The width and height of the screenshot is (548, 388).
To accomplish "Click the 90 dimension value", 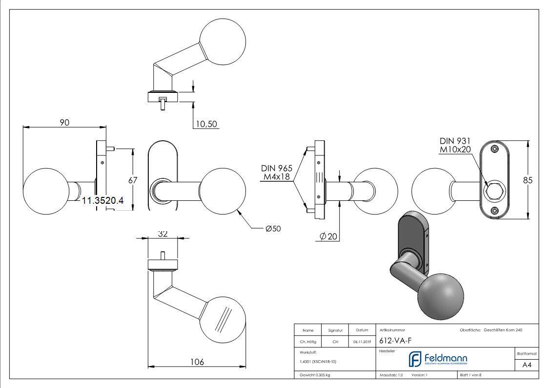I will click(x=64, y=122).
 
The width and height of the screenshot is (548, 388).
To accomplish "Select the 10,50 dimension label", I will click(x=205, y=124).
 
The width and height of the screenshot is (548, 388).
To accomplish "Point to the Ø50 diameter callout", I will click(x=273, y=229).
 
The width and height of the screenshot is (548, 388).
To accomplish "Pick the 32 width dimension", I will click(x=163, y=234).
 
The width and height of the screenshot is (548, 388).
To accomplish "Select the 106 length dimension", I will click(x=196, y=362).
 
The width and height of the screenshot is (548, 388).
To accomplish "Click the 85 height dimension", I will click(x=528, y=180).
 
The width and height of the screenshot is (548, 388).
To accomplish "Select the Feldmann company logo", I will click(x=437, y=359).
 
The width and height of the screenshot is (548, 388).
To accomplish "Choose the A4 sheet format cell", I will click(x=527, y=365).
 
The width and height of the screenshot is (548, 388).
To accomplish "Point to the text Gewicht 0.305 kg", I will click(x=315, y=375).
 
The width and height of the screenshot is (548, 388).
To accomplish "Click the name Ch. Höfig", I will click(x=308, y=342).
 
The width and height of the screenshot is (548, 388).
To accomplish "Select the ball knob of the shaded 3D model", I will click(x=440, y=295).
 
